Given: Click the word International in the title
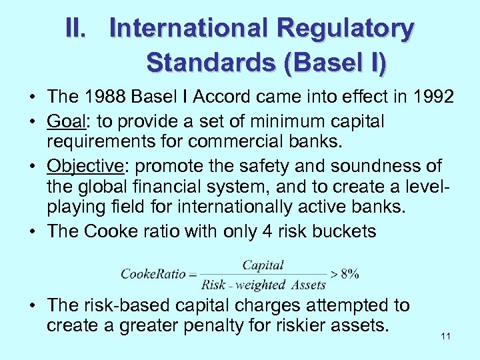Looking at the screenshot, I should pyautogui.click(x=189, y=29).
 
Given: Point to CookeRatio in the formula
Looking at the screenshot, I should pyautogui.click(x=153, y=274).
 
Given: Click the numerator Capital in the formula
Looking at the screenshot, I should pyautogui.click(x=263, y=265).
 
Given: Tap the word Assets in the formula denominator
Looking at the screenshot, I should pyautogui.click(x=307, y=285).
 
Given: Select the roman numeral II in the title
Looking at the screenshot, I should pyautogui.click(x=77, y=29).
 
